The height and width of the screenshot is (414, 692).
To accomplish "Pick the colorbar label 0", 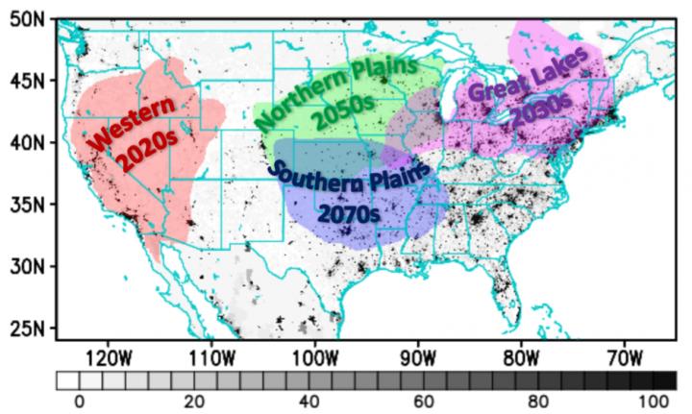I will click(80, 401).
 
